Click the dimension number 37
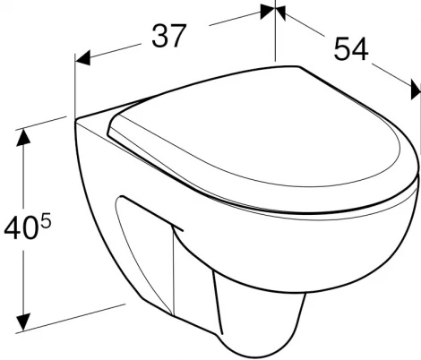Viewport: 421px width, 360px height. [x=169, y=36]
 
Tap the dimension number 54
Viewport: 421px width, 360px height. [x=351, y=49]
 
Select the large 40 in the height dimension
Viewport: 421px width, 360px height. [x=21, y=228]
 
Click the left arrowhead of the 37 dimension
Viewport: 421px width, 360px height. [x=82, y=58]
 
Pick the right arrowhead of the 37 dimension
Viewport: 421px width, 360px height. [x=267, y=12]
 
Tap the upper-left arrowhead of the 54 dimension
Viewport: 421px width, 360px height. [x=280, y=13]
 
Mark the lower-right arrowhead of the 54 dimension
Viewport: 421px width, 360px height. [x=416, y=90]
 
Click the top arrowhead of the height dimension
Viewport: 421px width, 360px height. [x=23, y=138]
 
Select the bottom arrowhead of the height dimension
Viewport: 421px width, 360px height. [x=23, y=322]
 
